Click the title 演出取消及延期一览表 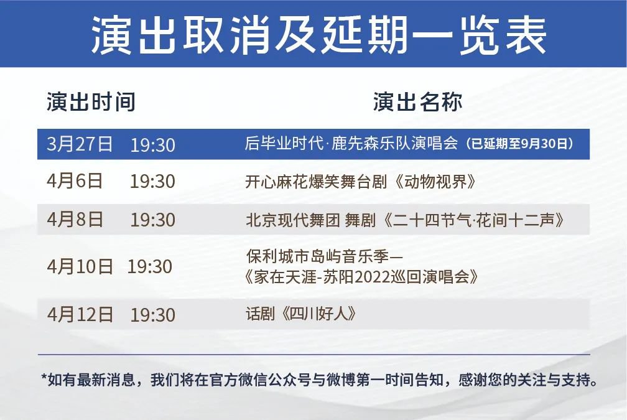coord(318,35)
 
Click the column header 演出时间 coord(91,101)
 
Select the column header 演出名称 coord(418,101)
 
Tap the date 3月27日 coord(80,144)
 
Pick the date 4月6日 coord(75,181)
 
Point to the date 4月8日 coord(75,219)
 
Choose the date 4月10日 coord(80,266)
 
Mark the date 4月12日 coord(80,314)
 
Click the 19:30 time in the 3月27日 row coord(153,145)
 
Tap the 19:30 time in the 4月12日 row coord(153,315)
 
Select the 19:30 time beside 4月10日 coord(149,267)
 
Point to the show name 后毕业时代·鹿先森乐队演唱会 coord(351,143)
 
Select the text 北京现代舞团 coord(293,220)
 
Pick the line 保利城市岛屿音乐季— coord(325,256)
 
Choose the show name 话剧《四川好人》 coord(300,314)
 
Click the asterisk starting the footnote coord(44,377)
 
